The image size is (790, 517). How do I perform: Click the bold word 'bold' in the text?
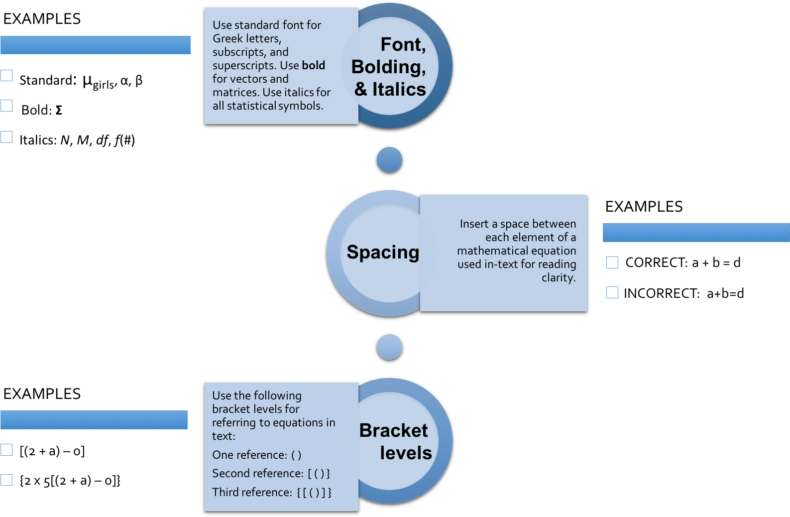pos(313,65)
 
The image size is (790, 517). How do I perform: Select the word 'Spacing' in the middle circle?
pos(383,253)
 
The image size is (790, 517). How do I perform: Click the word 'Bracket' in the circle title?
pos(393,430)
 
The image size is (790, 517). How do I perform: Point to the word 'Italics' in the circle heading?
pos(399,89)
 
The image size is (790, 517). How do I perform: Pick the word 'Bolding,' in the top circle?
pos(388,67)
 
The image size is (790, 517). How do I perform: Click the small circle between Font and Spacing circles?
pos(389,160)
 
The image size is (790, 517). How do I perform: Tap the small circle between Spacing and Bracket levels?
pos(389,347)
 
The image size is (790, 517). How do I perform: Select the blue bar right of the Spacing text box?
pos(696,233)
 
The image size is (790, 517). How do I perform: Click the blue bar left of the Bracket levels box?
pos(94,420)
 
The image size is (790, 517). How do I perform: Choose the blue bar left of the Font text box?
pos(96,45)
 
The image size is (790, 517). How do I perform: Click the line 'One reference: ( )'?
pos(256,455)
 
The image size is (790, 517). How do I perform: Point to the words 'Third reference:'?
pos(252,492)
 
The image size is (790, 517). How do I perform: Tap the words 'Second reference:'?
pos(257,473)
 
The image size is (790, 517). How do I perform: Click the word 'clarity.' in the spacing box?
pos(559,277)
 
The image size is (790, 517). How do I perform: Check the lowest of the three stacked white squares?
pos(6,137)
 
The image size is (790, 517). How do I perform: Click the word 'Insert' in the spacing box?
pos(474,224)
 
